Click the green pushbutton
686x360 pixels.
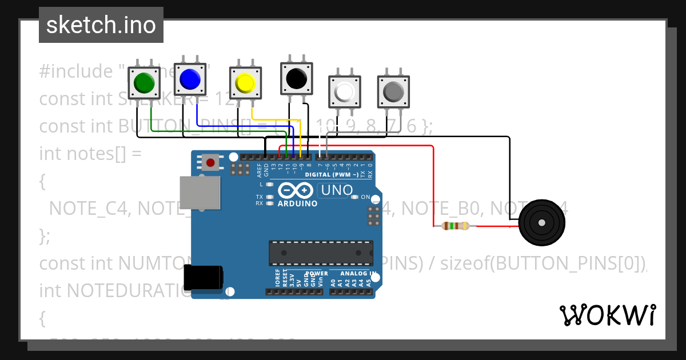click(x=143, y=82)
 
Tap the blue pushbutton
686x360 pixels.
click(x=189, y=79)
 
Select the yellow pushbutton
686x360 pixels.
click(x=245, y=83)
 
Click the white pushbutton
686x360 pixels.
click(x=345, y=91)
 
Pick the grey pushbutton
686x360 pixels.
click(x=393, y=91)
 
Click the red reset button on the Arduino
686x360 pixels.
click(x=210, y=163)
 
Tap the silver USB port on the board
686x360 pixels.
click(x=200, y=192)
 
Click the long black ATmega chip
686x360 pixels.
click(x=321, y=251)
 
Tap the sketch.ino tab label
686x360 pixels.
click(x=101, y=25)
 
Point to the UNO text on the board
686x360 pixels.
click(x=335, y=189)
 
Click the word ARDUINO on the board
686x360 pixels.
click(x=297, y=203)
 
